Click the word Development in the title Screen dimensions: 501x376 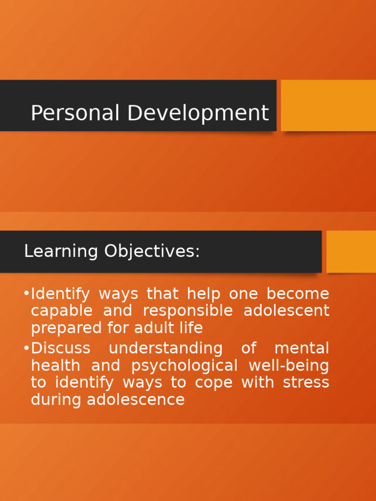point(198,113)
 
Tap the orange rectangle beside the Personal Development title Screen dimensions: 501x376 point(328,105)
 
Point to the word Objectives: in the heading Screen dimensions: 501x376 point(152,251)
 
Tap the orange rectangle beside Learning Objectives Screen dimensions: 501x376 point(351,251)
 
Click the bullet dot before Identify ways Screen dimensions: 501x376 point(26,294)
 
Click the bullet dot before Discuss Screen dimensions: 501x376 point(26,348)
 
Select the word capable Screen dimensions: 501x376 point(61,311)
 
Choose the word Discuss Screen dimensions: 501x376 point(60,348)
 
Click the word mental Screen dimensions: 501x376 point(302,348)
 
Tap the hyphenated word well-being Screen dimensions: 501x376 point(289,366)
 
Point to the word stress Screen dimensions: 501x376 point(306,383)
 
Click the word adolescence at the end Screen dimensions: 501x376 point(136,400)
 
